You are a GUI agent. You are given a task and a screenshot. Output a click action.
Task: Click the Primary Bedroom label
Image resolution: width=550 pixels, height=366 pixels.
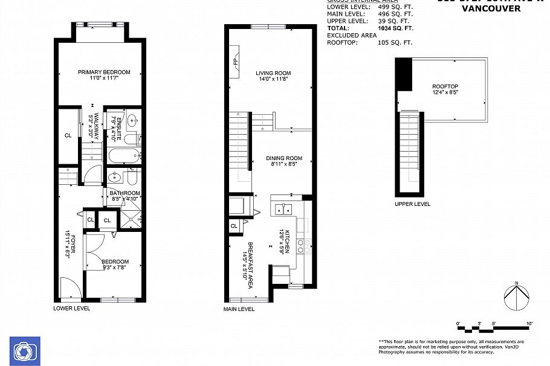104,72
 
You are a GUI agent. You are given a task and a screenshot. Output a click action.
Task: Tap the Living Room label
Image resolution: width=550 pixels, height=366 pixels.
273,73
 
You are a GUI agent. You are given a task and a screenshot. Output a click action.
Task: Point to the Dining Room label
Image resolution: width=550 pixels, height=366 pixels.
284,158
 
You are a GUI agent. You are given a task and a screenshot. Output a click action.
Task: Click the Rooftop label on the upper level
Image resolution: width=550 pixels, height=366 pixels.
445,86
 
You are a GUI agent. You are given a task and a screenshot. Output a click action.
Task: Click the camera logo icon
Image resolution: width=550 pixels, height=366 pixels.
25,351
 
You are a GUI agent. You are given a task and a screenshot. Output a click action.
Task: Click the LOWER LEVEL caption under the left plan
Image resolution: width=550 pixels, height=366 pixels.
72,308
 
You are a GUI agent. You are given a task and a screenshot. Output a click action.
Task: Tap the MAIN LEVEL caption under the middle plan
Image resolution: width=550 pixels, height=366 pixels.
239,309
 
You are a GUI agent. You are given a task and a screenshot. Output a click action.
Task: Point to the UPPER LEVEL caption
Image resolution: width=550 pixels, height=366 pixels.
412,204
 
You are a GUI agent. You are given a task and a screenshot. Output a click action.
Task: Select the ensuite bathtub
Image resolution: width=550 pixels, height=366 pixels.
124,156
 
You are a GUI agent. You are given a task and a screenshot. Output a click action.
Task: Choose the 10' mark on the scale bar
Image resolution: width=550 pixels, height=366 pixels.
529,324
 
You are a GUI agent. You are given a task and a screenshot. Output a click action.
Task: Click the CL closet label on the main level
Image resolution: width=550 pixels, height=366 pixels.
234,226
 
